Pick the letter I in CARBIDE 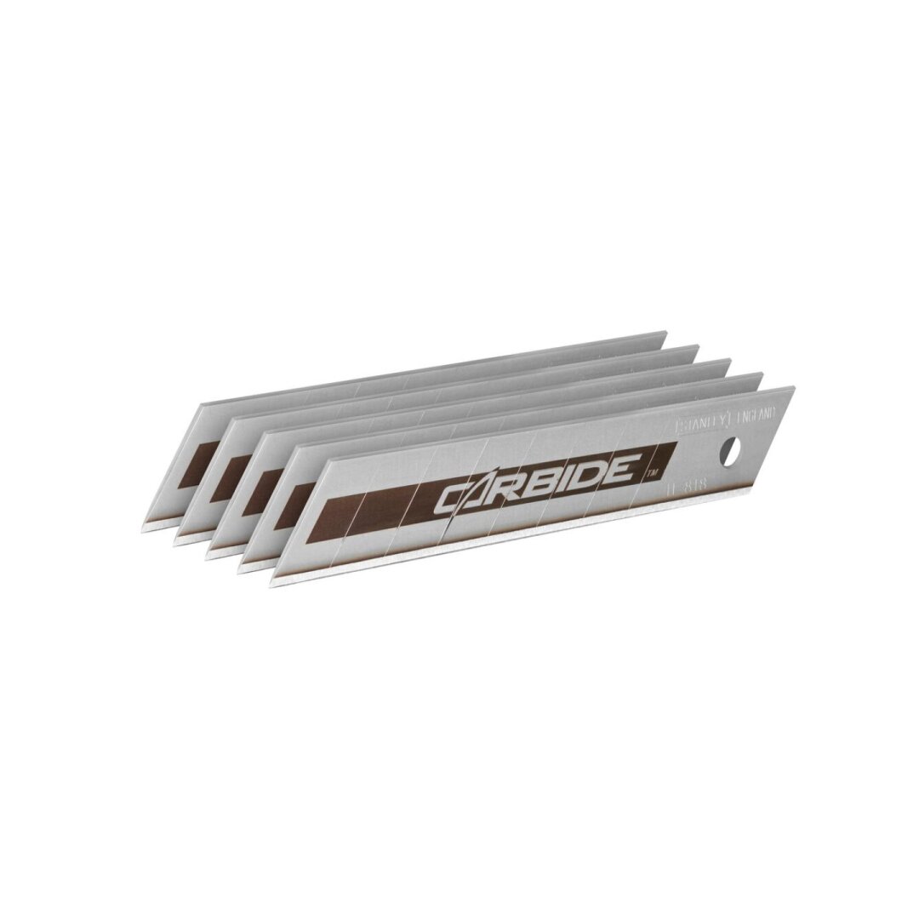[574, 476]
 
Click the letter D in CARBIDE [596, 471]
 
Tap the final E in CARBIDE [627, 466]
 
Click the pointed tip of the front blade [273, 583]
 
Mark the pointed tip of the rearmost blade [143, 529]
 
